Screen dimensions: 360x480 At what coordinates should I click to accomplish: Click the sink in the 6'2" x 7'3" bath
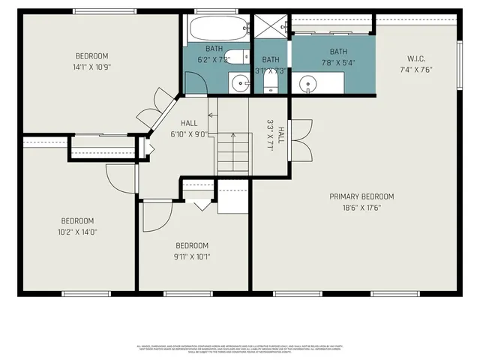(x=240, y=83)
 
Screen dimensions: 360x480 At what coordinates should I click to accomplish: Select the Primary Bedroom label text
(x=361, y=196)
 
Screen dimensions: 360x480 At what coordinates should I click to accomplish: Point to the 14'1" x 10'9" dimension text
(x=91, y=67)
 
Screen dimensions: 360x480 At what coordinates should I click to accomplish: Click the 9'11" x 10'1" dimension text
(x=193, y=256)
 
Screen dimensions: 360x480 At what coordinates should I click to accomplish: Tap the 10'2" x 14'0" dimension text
(x=79, y=232)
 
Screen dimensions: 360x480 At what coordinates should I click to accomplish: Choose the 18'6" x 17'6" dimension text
(x=361, y=208)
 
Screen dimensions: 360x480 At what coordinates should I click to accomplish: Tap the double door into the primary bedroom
(x=300, y=139)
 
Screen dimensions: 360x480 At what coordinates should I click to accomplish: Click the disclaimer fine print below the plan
(x=239, y=348)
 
